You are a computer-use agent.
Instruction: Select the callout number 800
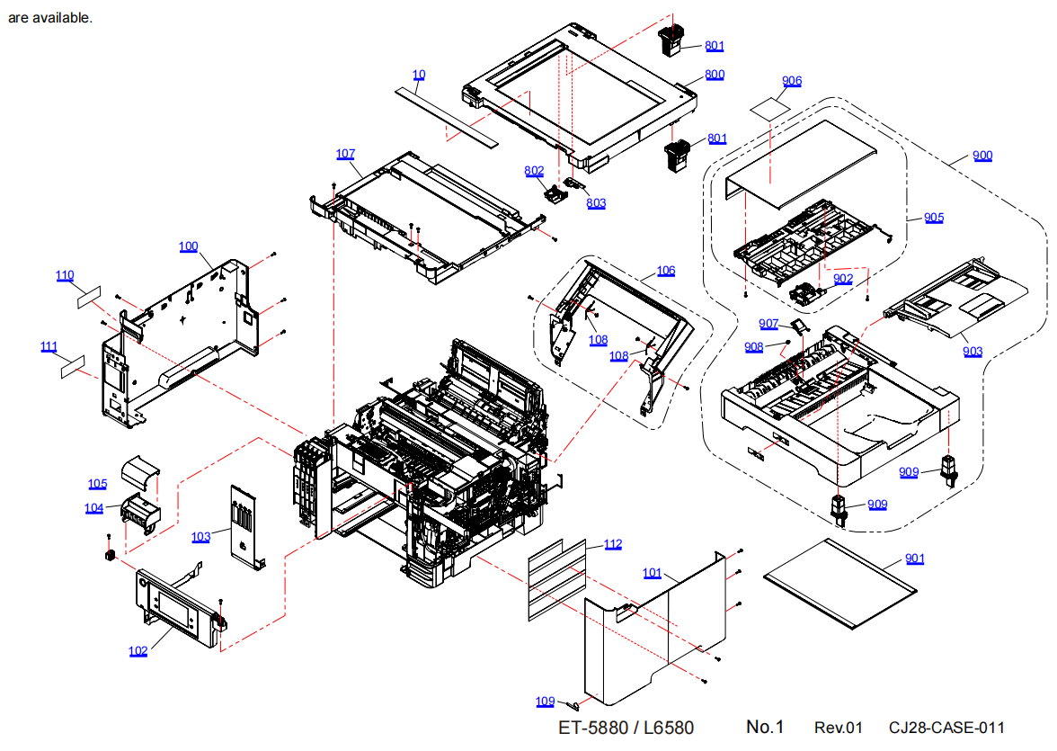tap(715, 75)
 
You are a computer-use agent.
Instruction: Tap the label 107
tap(346, 154)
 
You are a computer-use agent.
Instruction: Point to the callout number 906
tap(792, 81)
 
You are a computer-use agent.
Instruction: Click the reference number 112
tap(613, 544)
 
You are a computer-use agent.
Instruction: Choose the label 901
tap(915, 559)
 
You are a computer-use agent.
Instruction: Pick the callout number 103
tap(200, 537)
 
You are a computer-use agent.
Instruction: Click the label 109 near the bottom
tap(546, 701)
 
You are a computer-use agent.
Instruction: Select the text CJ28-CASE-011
tap(946, 728)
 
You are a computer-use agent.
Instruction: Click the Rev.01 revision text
tap(838, 728)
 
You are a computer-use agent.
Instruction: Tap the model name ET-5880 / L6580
tap(626, 728)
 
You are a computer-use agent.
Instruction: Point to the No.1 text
tap(765, 727)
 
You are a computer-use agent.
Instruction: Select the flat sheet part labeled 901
tap(838, 581)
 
